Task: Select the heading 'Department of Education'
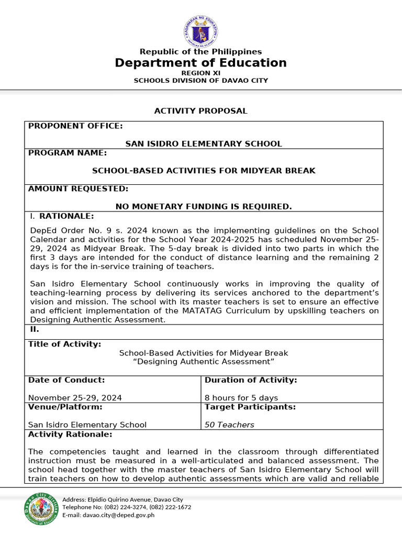[200, 63]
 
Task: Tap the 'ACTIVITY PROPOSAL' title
[200, 111]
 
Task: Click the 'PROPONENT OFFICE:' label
[75, 126]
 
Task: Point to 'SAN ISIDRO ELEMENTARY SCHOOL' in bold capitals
[204, 143]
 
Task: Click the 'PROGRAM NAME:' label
[68, 153]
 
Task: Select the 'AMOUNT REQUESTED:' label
[78, 188]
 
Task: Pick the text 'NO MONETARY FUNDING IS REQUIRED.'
[204, 207]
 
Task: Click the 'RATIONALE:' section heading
[67, 216]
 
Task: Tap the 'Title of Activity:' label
[64, 344]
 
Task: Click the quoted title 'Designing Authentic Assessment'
[204, 362]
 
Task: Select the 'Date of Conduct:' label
[66, 380]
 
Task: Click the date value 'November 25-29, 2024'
[75, 398]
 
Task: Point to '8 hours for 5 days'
[241, 398]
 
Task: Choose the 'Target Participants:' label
[250, 407]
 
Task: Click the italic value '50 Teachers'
[229, 425]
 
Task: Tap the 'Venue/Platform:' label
[65, 407]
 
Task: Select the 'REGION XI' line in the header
[200, 73]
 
